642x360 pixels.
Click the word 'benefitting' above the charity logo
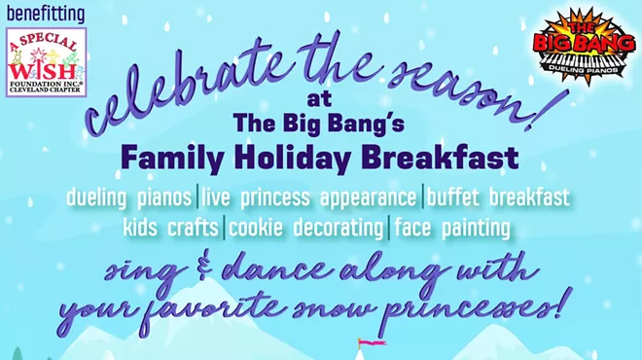click(46, 15)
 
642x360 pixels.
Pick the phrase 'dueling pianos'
click(128, 198)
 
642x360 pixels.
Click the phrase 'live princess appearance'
click(309, 198)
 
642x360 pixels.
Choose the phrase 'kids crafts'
click(171, 230)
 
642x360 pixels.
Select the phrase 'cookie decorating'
click(306, 230)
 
